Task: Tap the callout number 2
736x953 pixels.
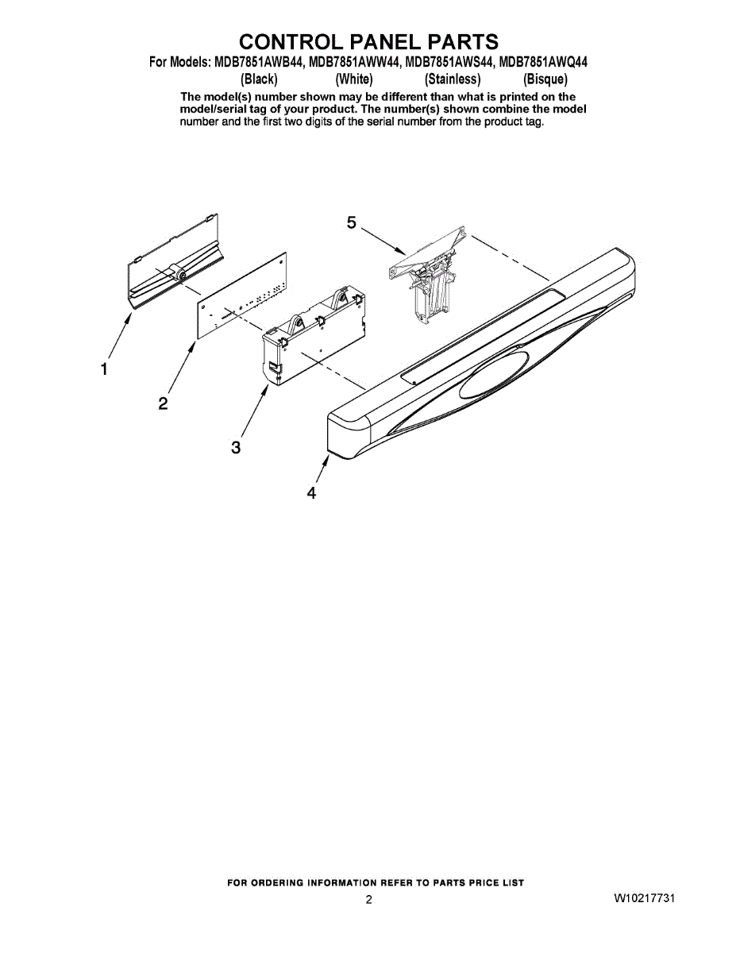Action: tap(163, 403)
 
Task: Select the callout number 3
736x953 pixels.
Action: tap(236, 448)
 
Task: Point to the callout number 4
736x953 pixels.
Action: tap(310, 493)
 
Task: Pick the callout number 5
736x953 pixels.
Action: tap(352, 223)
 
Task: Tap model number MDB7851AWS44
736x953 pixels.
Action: tap(449, 63)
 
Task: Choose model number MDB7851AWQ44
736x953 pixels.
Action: tap(544, 63)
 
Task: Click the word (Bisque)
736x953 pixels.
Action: tap(545, 79)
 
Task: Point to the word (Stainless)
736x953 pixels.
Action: tap(453, 79)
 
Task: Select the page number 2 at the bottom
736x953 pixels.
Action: tap(368, 900)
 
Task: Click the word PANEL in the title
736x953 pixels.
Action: tap(366, 41)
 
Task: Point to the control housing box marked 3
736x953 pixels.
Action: tap(314, 337)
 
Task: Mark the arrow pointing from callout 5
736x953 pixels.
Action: tap(383, 242)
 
